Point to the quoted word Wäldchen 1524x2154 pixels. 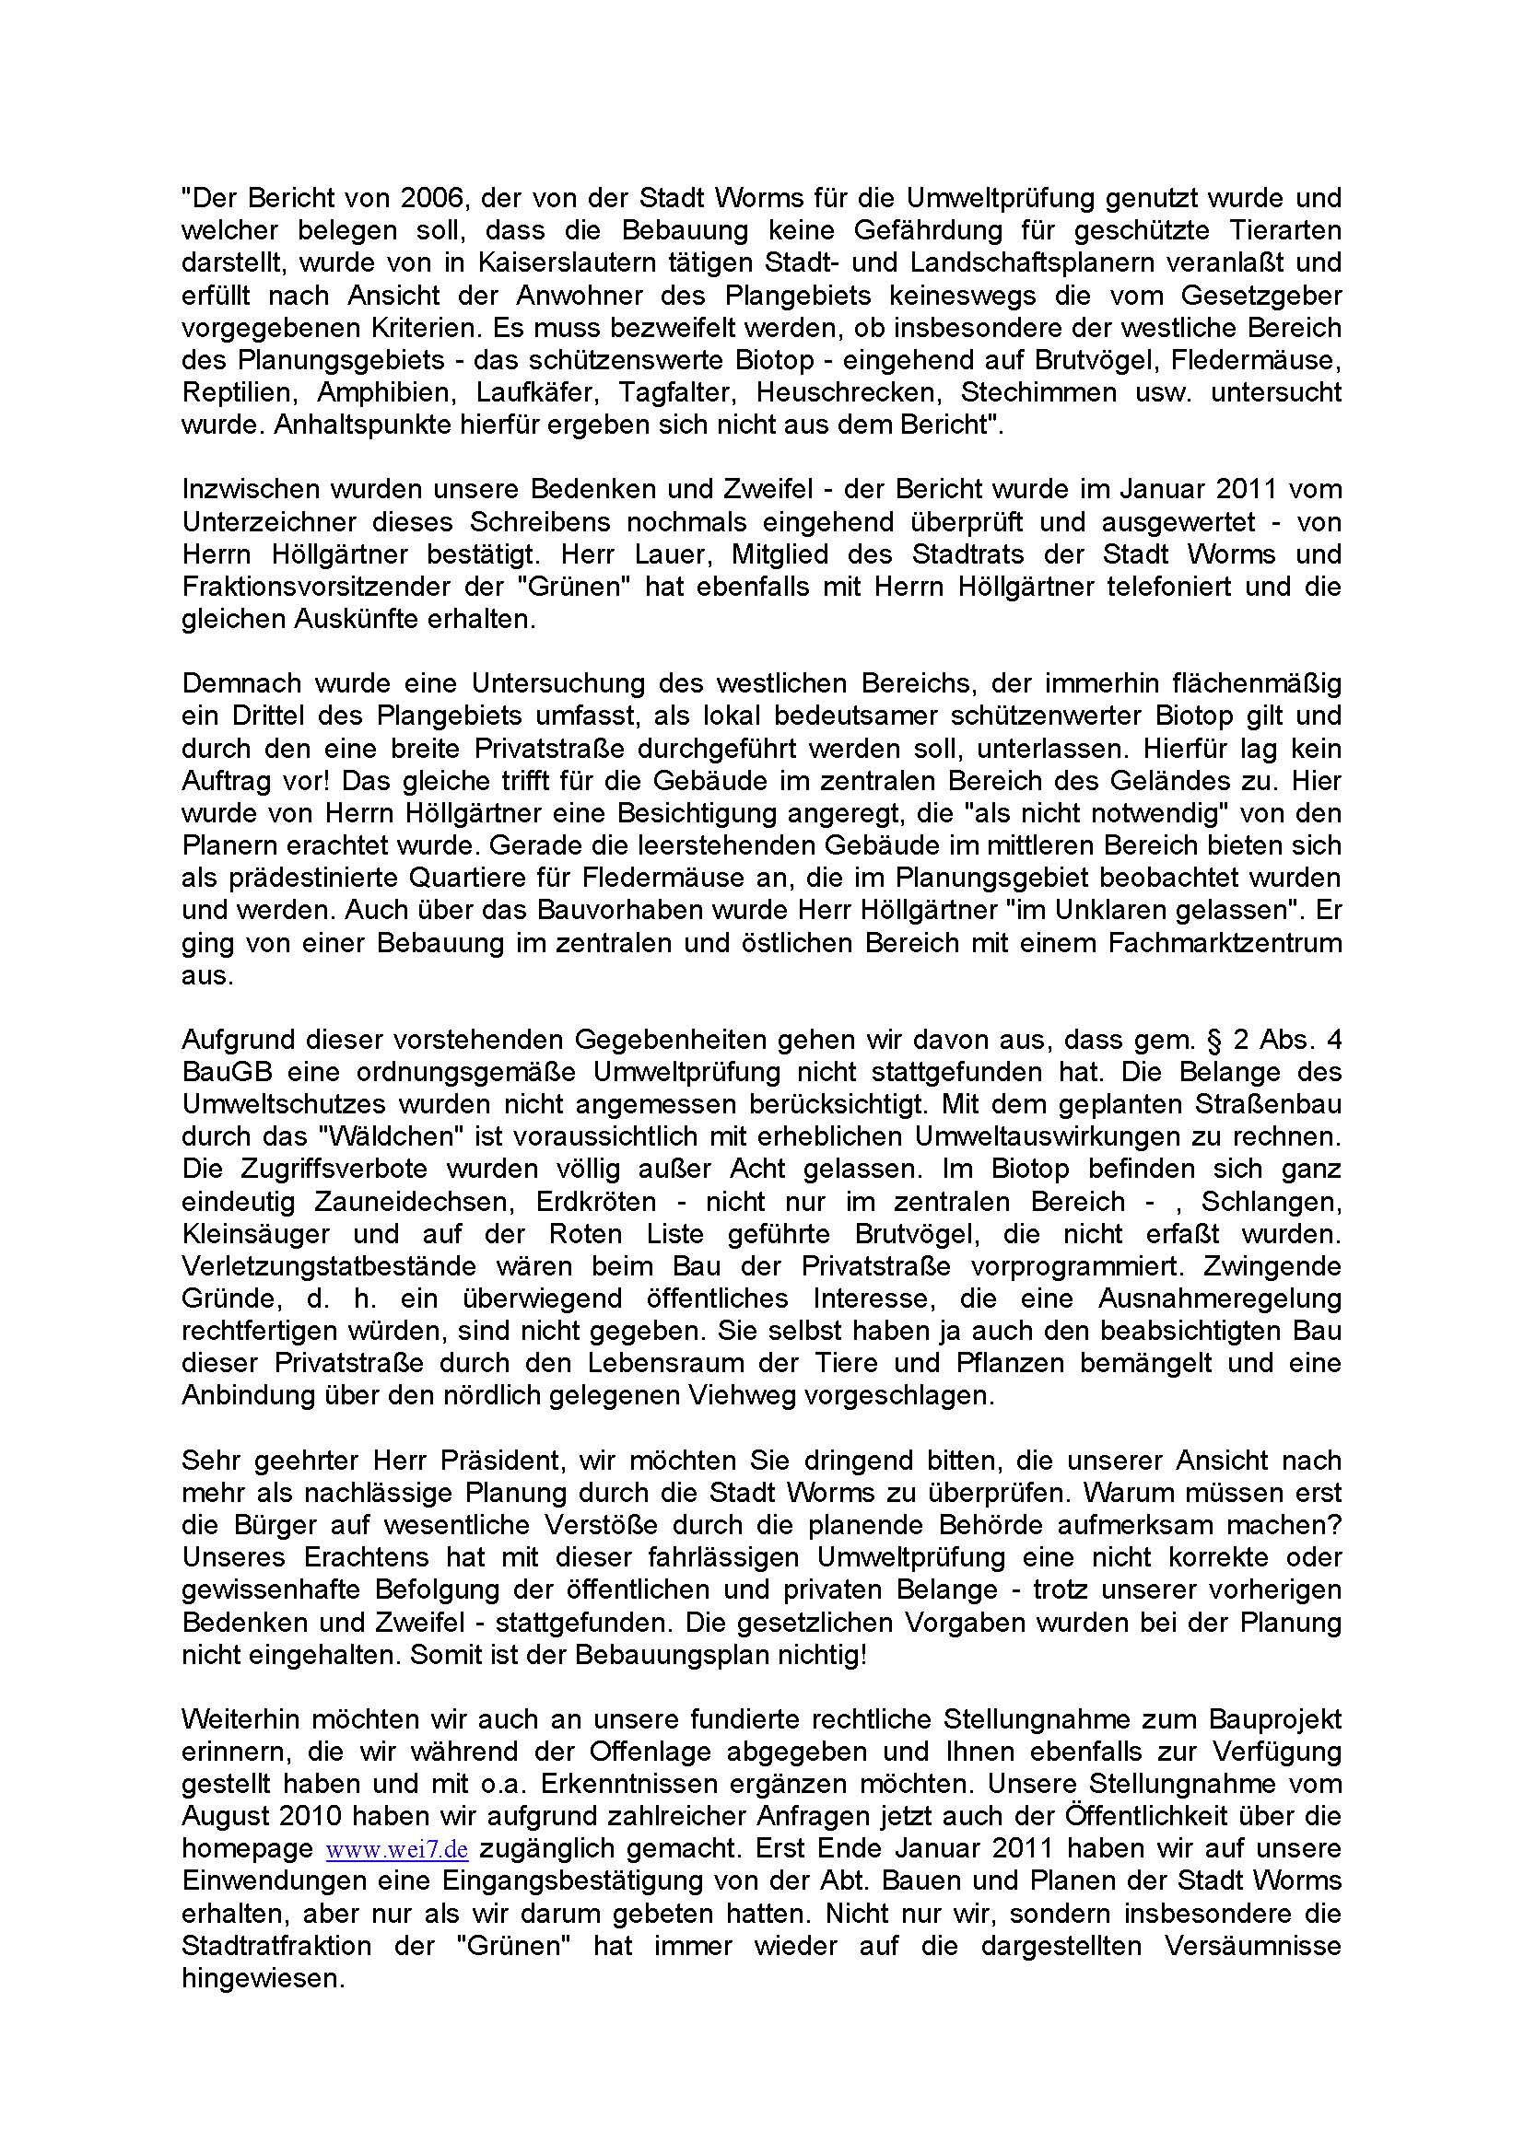[x=385, y=1137]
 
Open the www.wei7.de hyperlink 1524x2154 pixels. [x=396, y=1849]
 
